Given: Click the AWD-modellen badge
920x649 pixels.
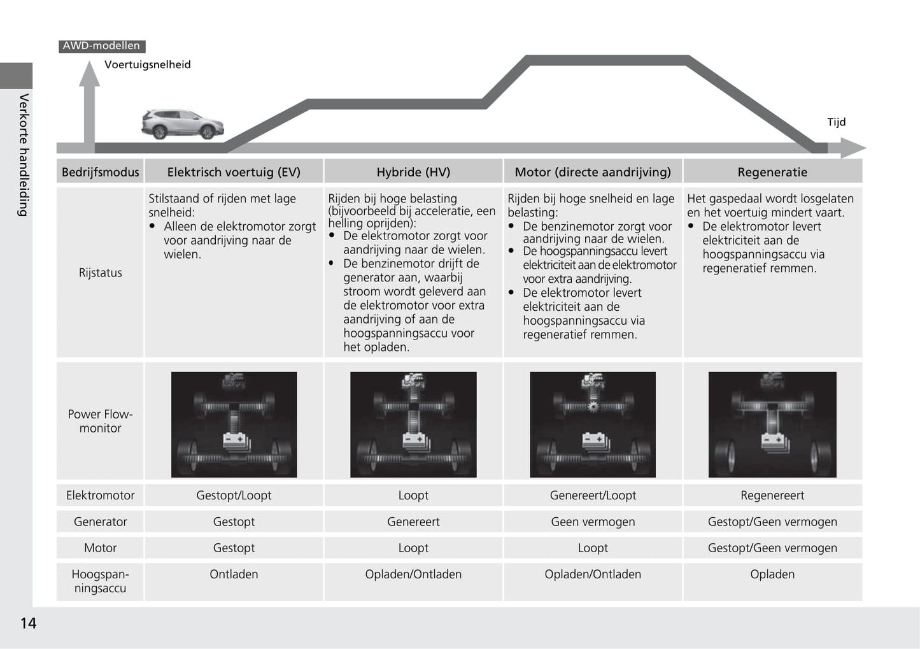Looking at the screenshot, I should click(x=101, y=46).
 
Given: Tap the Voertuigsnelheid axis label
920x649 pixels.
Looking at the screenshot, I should click(x=147, y=64).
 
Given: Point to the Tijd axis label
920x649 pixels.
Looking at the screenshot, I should click(x=836, y=122).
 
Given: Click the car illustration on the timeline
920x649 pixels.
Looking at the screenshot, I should click(x=182, y=124).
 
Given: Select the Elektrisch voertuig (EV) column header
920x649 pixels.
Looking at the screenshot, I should click(x=234, y=172).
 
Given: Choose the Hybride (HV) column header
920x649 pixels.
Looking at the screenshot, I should click(x=413, y=172).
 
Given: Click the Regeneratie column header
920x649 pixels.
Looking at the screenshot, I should click(x=772, y=172).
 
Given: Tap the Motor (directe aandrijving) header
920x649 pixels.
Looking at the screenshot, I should click(x=593, y=172).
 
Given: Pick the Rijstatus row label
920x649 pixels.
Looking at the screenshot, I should click(x=100, y=273).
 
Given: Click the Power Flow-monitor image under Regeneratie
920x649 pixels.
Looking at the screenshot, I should click(x=772, y=424).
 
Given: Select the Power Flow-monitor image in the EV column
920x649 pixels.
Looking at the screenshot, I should click(x=234, y=424).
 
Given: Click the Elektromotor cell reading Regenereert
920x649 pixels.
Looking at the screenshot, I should click(x=772, y=496).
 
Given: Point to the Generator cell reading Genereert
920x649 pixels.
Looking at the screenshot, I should click(x=413, y=522).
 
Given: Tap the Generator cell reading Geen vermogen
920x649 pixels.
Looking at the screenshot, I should click(x=593, y=522).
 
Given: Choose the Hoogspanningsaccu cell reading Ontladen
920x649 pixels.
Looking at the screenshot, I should click(x=234, y=574).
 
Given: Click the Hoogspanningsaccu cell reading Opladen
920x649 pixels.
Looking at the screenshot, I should click(x=772, y=574).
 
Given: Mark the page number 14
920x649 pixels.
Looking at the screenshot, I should click(x=28, y=623).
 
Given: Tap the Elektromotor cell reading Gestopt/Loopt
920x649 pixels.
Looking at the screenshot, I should click(x=234, y=496).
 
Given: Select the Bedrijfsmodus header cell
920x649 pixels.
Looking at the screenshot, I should click(x=100, y=172).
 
